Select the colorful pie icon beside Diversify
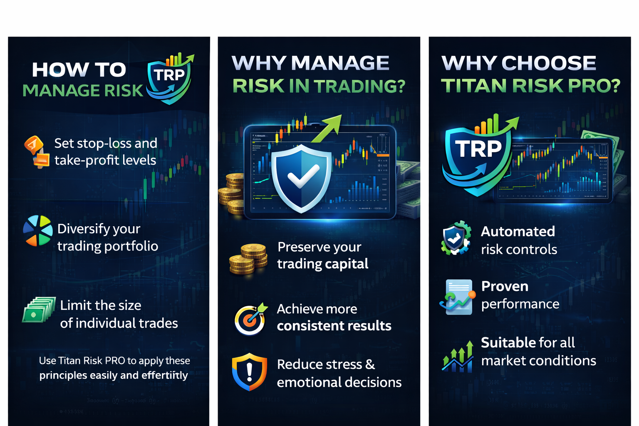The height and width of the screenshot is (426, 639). click(37, 230)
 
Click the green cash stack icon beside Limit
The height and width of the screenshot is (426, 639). click(39, 310)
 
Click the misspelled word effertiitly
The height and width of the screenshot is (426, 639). click(165, 375)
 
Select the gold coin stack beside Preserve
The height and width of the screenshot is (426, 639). click(248, 259)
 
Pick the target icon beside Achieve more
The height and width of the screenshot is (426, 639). click(250, 319)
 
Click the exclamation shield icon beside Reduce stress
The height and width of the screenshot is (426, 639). click(249, 372)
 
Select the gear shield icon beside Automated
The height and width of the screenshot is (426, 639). click(456, 238)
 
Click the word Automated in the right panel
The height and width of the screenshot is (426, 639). click(518, 231)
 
